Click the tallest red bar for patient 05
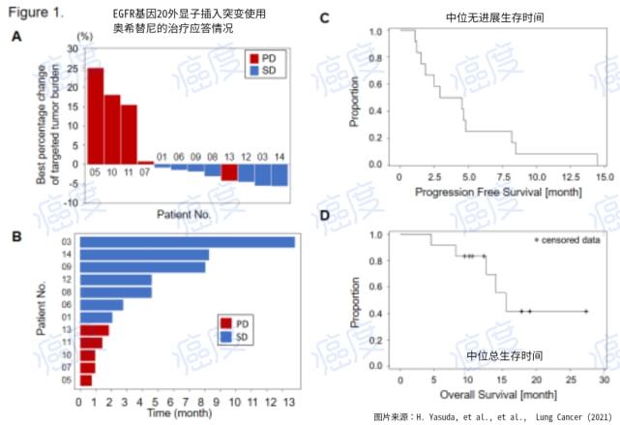96,115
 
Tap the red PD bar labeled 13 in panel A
229,172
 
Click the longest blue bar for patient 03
188,242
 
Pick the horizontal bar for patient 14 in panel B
144,255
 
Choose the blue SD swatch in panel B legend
226,334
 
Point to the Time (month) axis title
181,412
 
